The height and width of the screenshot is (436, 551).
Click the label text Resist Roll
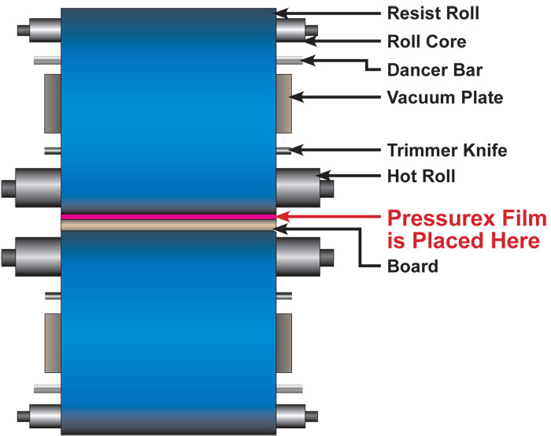pyautogui.click(x=433, y=13)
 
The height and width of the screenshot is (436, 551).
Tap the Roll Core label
pyautogui.click(x=427, y=42)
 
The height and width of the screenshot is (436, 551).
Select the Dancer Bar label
pyautogui.click(x=435, y=69)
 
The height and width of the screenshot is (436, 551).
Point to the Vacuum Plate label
pyautogui.click(x=445, y=98)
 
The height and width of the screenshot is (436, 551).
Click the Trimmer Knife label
pyautogui.click(x=447, y=151)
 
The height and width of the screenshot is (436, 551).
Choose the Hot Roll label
pyautogui.click(x=421, y=176)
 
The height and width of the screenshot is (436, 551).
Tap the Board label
pyautogui.click(x=412, y=266)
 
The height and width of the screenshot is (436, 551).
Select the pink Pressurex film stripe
pyautogui.click(x=168, y=217)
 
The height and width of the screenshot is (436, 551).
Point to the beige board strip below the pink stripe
pyautogui.click(x=168, y=225)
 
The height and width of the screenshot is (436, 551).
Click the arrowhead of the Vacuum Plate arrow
pyautogui.click(x=297, y=97)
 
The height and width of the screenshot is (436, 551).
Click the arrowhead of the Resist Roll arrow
pyautogui.click(x=281, y=13)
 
